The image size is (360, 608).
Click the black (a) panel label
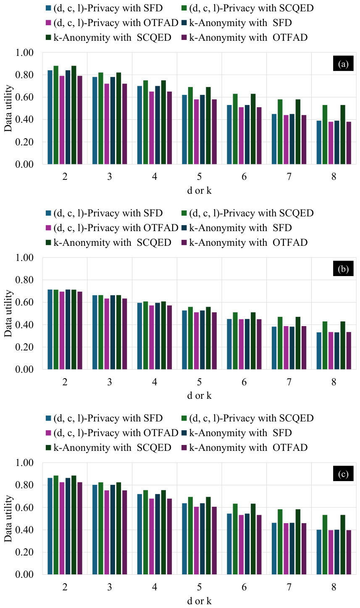(x=343, y=63)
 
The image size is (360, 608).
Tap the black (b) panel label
(x=343, y=268)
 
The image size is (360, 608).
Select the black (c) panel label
(x=343, y=474)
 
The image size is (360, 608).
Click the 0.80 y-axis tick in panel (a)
(x=24, y=75)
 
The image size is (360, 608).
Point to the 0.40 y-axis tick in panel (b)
(x=24, y=325)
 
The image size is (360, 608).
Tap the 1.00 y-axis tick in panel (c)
(x=24, y=463)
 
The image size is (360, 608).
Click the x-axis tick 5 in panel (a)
(x=200, y=177)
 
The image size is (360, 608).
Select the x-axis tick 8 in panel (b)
(x=334, y=382)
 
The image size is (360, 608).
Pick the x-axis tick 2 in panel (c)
(x=65, y=587)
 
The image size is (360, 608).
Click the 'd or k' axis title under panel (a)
(x=199, y=190)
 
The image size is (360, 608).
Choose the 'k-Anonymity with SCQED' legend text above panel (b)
(x=112, y=242)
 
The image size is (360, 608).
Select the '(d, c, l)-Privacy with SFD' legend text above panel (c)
(x=108, y=418)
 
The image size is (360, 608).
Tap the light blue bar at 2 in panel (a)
(x=50, y=117)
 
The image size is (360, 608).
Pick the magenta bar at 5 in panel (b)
(x=196, y=341)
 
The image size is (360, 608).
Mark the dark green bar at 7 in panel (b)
(x=298, y=343)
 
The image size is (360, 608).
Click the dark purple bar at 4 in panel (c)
(x=169, y=536)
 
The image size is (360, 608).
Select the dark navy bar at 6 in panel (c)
(x=247, y=544)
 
